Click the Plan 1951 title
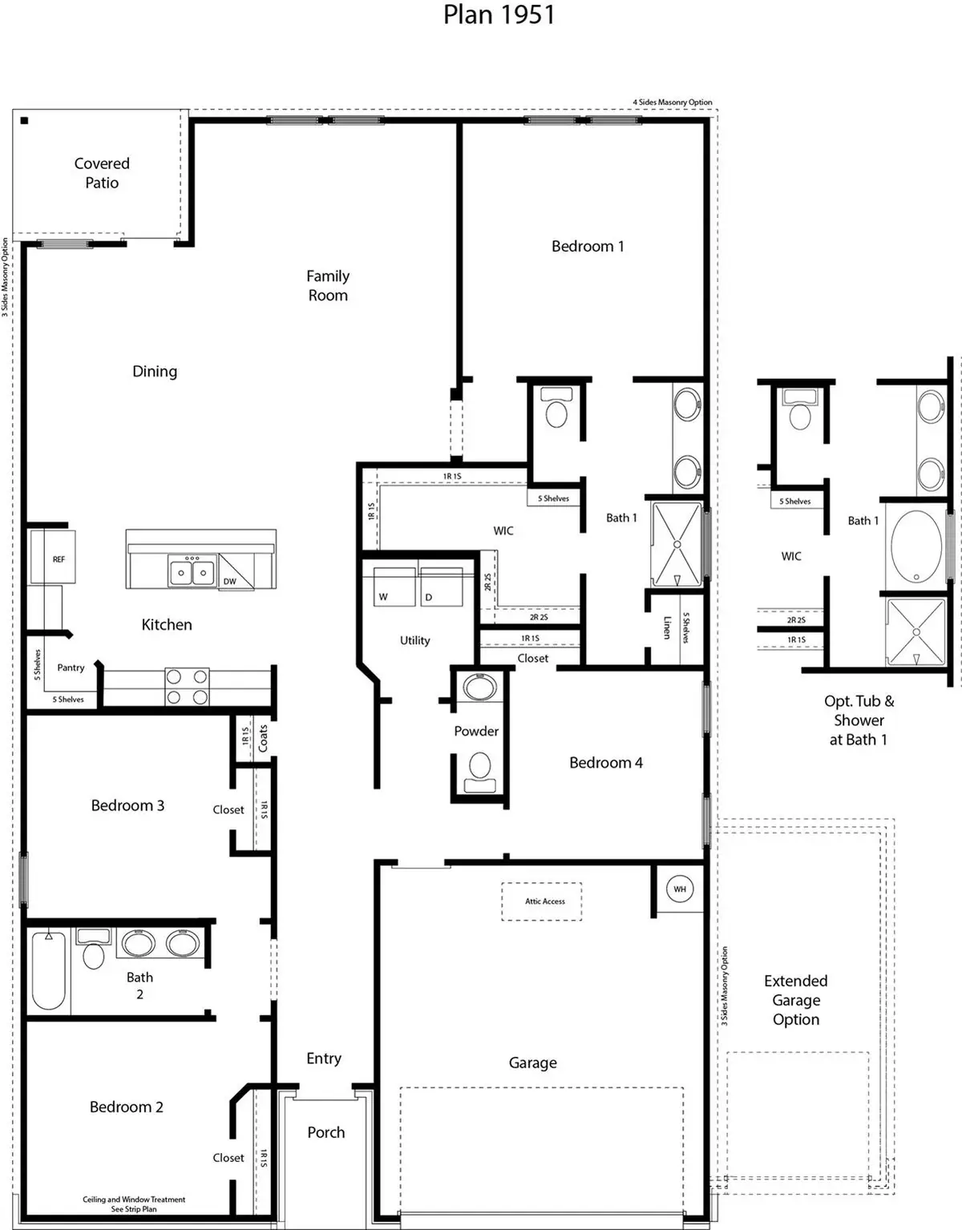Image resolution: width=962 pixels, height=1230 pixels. [499, 14]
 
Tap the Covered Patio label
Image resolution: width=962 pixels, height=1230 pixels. [102, 173]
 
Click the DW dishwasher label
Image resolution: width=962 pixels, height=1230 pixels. [230, 581]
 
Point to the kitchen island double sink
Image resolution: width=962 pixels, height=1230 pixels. [192, 573]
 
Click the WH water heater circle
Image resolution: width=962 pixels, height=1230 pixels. [680, 889]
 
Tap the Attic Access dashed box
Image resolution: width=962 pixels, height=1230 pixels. [542, 901]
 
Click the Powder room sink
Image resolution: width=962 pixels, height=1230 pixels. [479, 688]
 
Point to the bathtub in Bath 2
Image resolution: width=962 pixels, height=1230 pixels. [49, 970]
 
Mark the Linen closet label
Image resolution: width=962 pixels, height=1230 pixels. [667, 627]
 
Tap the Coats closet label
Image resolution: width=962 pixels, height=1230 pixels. [263, 738]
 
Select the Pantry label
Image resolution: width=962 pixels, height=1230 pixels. [71, 667]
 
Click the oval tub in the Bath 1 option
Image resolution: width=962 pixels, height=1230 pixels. [916, 546]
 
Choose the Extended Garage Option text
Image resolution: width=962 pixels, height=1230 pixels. [796, 1000]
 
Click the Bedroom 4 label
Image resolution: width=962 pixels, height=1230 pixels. [606, 763]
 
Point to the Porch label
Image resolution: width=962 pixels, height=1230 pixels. [326, 1132]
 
